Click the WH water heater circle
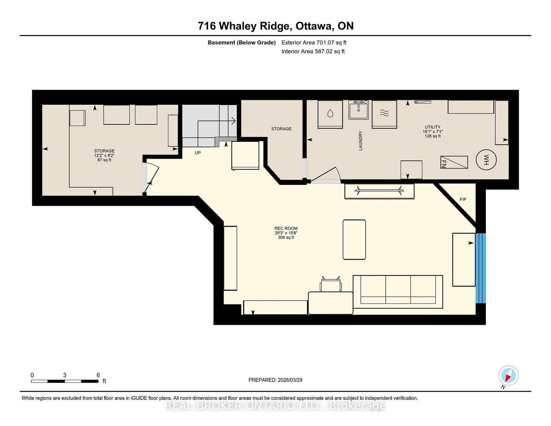click(486, 160)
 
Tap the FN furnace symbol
click(454, 162)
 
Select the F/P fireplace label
click(463, 199)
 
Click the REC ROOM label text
click(286, 228)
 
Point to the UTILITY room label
click(433, 127)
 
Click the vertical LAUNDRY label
click(361, 141)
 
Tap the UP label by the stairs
click(198, 153)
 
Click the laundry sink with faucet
click(358, 110)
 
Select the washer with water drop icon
click(330, 114)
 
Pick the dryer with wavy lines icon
click(384, 114)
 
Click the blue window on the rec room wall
click(480, 268)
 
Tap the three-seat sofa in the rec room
click(398, 291)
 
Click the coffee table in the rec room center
click(354, 239)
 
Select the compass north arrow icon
click(508, 376)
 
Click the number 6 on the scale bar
click(98, 375)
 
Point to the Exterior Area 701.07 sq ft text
click(314, 43)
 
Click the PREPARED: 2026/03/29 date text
click(275, 380)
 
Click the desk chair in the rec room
click(331, 285)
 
